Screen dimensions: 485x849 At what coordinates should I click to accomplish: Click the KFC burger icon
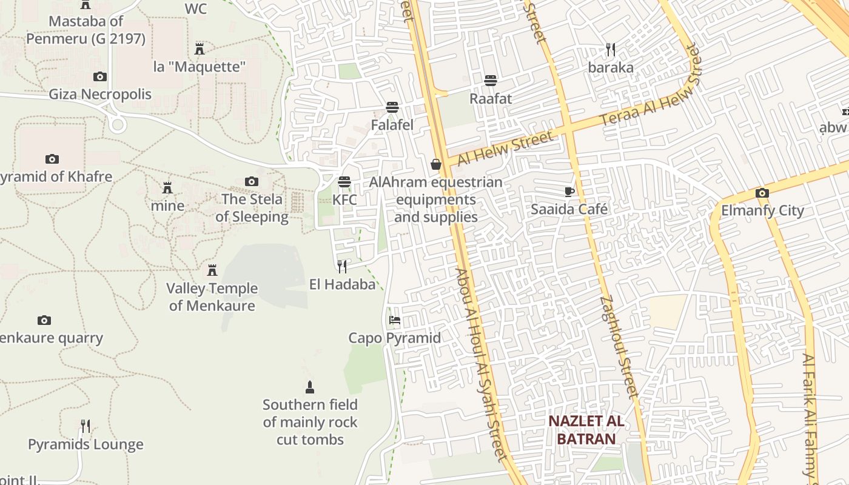pos(344,181)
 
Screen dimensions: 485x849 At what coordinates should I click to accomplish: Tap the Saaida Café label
pos(569,209)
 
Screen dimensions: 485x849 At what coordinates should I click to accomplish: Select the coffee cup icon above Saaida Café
pos(569,192)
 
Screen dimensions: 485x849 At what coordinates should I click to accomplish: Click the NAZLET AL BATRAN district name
pos(586,430)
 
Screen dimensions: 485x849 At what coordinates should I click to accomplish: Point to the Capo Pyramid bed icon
pos(395,319)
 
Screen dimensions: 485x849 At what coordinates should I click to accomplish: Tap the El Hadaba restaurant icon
pos(342,266)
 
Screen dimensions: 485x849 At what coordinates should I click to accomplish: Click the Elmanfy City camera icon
pos(762,193)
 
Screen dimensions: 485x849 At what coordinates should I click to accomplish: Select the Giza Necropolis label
pos(100,94)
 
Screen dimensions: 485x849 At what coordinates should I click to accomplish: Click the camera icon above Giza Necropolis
pos(100,76)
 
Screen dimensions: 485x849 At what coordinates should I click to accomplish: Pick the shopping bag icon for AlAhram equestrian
pos(435,164)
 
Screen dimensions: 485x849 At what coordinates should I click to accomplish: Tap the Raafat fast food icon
pos(491,81)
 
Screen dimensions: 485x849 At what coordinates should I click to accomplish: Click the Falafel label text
pos(392,125)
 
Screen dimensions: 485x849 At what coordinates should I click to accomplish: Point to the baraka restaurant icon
pos(611,50)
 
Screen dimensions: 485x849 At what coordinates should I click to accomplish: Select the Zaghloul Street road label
pos(619,346)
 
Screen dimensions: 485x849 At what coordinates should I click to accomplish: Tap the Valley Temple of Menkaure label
pos(212,296)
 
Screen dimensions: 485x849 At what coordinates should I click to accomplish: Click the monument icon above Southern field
pos(310,387)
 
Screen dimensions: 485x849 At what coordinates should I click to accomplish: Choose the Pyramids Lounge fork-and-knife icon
pos(86,426)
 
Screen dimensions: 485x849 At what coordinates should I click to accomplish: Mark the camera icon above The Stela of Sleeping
pos(252,181)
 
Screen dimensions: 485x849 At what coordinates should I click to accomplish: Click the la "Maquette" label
pos(199,67)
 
